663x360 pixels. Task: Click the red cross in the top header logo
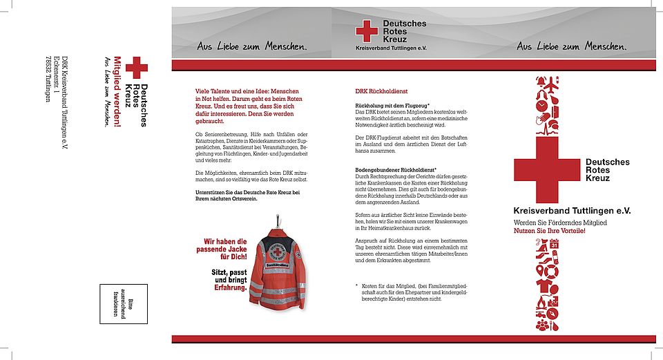(x=367, y=31)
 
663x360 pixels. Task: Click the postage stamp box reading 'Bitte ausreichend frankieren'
(x=124, y=303)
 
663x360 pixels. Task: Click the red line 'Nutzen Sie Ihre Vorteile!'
(x=549, y=230)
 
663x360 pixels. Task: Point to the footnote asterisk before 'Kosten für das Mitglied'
(x=357, y=285)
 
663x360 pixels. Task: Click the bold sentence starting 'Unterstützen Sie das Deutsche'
(x=247, y=194)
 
